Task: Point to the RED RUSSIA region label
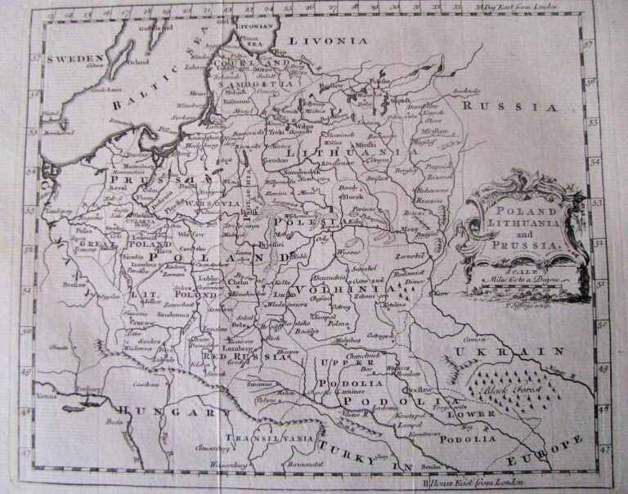pyautogui.click(x=248, y=357)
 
